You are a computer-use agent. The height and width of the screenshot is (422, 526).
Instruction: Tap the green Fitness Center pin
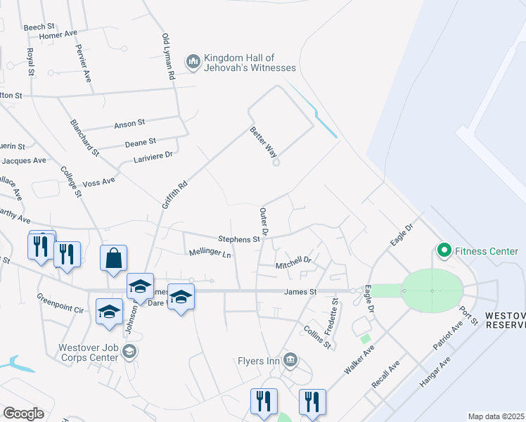(444, 250)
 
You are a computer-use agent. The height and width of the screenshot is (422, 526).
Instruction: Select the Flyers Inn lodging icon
(290, 362)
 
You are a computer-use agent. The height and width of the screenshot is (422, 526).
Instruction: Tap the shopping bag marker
(113, 258)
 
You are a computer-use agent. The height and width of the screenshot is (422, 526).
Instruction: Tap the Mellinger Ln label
(210, 252)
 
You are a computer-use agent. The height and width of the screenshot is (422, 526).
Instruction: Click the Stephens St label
(239, 239)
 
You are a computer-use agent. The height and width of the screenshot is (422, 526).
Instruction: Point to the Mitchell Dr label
(293, 264)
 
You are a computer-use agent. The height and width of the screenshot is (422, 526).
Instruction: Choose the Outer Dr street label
(264, 221)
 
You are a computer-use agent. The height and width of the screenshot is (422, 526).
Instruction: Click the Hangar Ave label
(435, 372)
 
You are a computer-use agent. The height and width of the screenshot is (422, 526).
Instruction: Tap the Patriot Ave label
(447, 337)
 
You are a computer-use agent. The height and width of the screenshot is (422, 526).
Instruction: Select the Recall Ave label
(385, 374)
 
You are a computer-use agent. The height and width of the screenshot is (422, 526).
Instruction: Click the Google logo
(23, 414)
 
